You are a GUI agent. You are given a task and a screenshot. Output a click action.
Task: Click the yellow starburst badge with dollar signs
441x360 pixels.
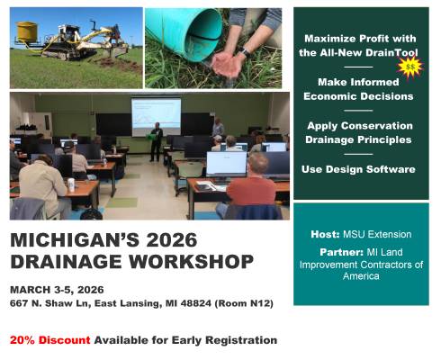(x=410, y=67)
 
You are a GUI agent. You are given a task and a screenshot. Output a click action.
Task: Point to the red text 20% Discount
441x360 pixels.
(x=50, y=341)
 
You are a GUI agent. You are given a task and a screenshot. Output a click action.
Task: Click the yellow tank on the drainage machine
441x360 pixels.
(x=28, y=31)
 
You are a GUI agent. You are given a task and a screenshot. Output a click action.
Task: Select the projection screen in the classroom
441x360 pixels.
(x=156, y=115)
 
